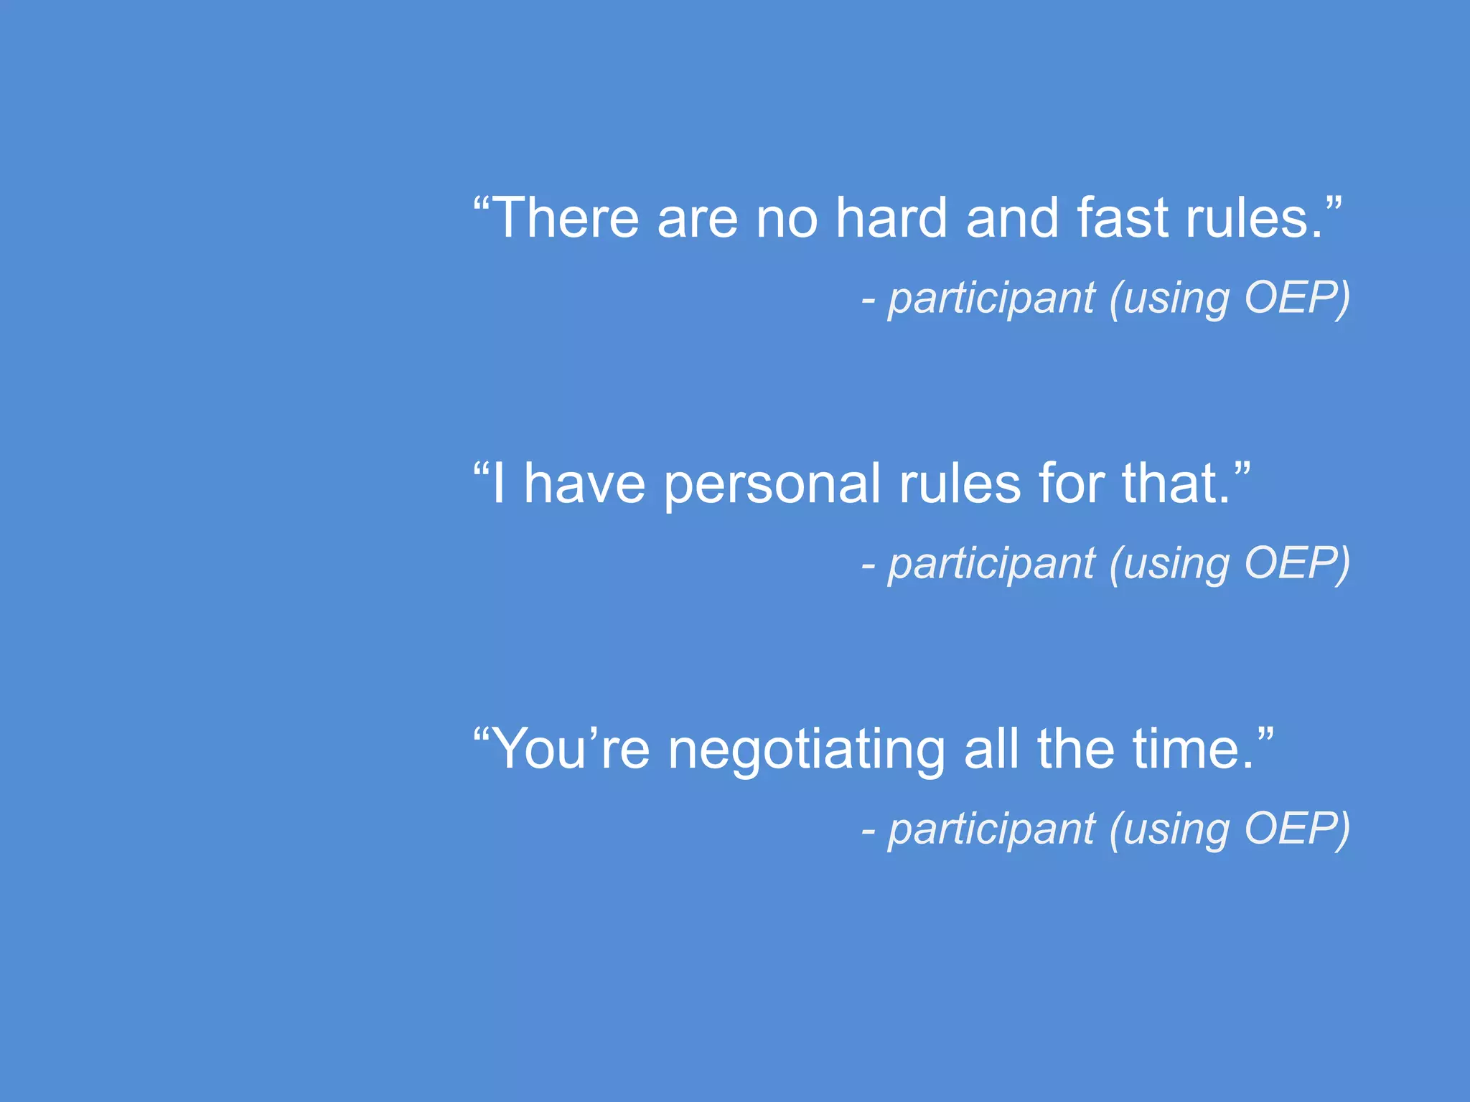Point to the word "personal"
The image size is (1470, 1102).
[x=772, y=484]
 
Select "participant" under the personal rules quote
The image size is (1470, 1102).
[x=991, y=564]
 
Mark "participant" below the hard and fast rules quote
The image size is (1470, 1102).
[x=991, y=298]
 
